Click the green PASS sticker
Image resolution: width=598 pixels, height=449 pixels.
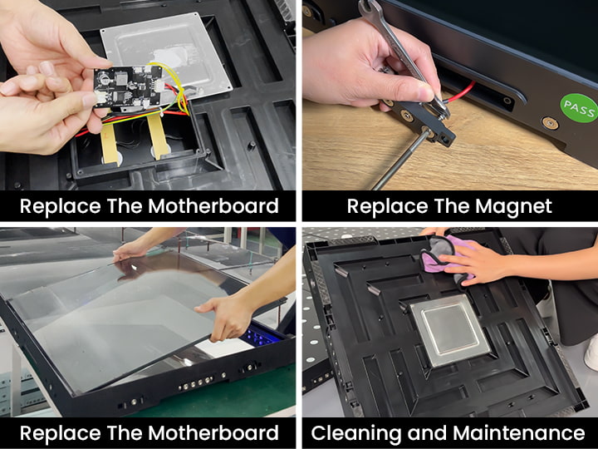pyautogui.click(x=580, y=108)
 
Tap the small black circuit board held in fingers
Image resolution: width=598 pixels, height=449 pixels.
pyautogui.click(x=129, y=87)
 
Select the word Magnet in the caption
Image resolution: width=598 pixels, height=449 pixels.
pyautogui.click(x=513, y=206)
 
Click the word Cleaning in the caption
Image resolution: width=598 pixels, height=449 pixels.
pyautogui.click(x=355, y=433)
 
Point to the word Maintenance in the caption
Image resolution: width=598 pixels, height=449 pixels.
pyautogui.click(x=518, y=433)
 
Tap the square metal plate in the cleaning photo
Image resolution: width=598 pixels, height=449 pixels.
pyautogui.click(x=450, y=330)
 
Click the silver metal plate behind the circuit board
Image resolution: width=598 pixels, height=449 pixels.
pyautogui.click(x=168, y=53)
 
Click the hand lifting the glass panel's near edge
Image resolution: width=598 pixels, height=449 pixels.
pyautogui.click(x=226, y=315)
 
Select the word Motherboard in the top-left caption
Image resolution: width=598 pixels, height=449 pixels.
pyautogui.click(x=213, y=206)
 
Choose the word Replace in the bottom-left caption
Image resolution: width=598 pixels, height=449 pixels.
pyautogui.click(x=61, y=433)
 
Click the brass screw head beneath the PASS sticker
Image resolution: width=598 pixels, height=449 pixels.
pyautogui.click(x=550, y=123)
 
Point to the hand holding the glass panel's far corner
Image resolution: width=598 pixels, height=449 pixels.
pyautogui.click(x=131, y=250)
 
